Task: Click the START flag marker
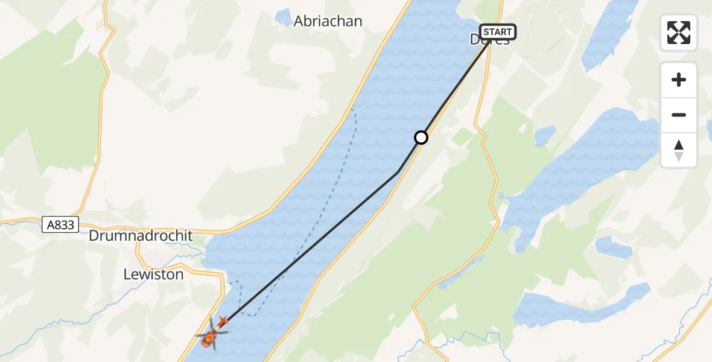pyautogui.click(x=498, y=32)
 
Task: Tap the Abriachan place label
pyautogui.click(x=328, y=21)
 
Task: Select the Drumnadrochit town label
pyautogui.click(x=141, y=235)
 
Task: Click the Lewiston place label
pyautogui.click(x=153, y=274)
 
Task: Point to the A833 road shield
pyautogui.click(x=62, y=225)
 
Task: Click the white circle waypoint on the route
pyautogui.click(x=421, y=138)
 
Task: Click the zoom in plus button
pyautogui.click(x=679, y=80)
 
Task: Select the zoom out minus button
pyautogui.click(x=679, y=115)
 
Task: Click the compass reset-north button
pyautogui.click(x=679, y=150)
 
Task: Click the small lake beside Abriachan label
pyautogui.click(x=282, y=17)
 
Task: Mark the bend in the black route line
pyautogui.click(x=397, y=173)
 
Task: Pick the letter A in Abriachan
pyautogui.click(x=299, y=21)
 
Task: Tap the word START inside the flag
pyautogui.click(x=498, y=32)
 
